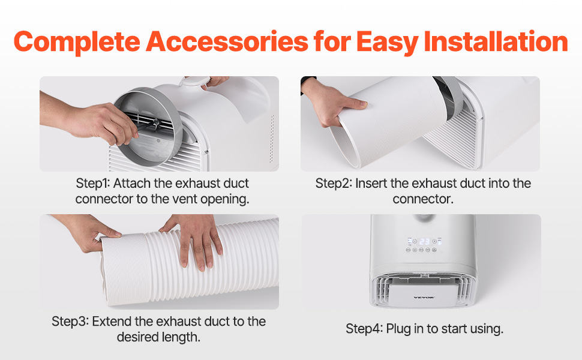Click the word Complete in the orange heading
click(x=77, y=41)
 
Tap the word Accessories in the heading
click(x=227, y=41)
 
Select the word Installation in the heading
click(x=496, y=41)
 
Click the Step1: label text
click(x=93, y=184)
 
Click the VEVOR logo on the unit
click(x=424, y=297)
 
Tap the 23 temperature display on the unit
click(x=425, y=242)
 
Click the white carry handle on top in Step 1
click(x=194, y=82)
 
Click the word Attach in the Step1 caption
click(x=131, y=184)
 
